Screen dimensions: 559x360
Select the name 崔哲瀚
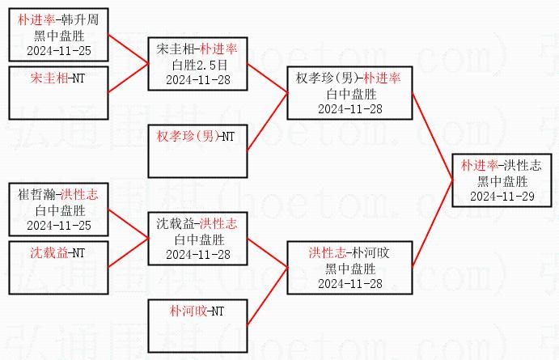coord(36,195)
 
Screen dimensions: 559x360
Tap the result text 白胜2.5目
coord(198,65)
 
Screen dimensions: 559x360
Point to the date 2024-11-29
coord(502,196)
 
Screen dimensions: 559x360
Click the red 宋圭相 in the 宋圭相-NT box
coord(49,78)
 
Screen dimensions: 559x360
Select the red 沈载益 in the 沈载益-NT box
coord(49,252)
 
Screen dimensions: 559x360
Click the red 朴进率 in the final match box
coord(479,165)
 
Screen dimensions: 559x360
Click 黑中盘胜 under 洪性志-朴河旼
coord(349,269)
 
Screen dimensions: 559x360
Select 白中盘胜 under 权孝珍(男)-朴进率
coord(349,94)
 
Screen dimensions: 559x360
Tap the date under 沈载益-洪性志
coord(198,254)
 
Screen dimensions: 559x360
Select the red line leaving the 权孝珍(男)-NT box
coord(267,121)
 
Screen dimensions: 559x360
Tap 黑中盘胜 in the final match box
coord(502,180)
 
